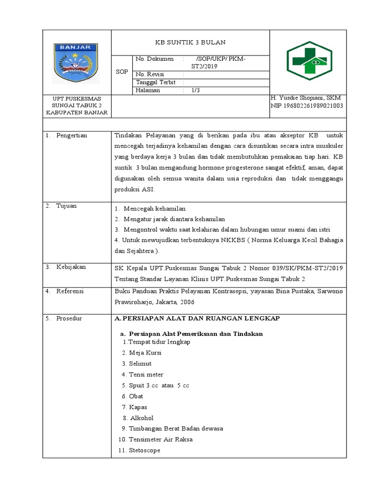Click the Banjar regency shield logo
click(75, 64)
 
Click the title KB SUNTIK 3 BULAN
click(190, 42)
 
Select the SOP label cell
click(122, 72)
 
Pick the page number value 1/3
click(195, 90)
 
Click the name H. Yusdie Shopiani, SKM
click(306, 98)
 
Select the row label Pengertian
click(71, 135)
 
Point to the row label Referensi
click(70, 291)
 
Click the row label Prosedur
click(69, 319)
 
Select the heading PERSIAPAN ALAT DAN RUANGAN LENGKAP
click(197, 318)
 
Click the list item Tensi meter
click(146, 374)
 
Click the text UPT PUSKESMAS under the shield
click(76, 99)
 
